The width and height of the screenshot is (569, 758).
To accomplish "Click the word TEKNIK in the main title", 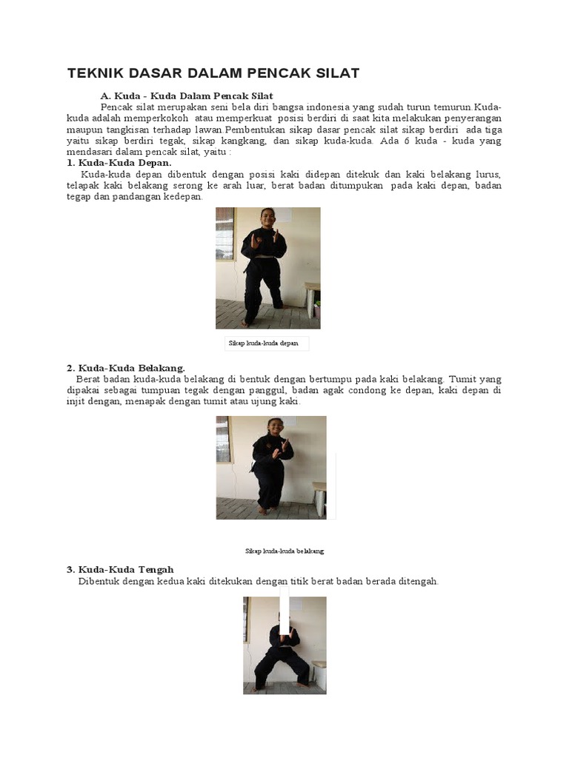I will coord(95,73).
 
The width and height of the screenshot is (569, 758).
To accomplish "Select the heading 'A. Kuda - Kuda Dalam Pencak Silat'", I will coord(187,96).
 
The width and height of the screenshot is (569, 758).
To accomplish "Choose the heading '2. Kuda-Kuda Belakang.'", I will coord(125,368).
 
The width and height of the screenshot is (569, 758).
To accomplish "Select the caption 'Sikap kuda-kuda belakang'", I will coord(284,551).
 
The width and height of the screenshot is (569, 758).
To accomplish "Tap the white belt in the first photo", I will coord(263,256).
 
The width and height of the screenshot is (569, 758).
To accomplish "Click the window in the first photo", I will coord(224,233).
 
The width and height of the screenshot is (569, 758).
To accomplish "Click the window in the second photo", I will coord(223,439).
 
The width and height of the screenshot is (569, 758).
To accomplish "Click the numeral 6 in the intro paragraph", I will coord(407,141).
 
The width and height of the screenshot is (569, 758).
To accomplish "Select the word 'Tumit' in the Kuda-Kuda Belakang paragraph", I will coord(464,379).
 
